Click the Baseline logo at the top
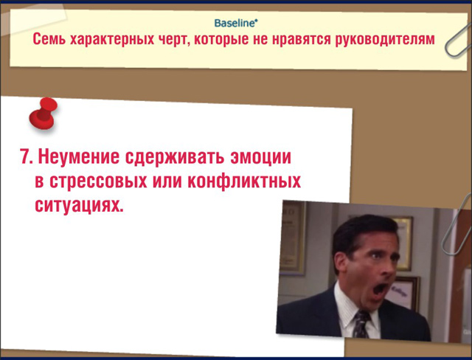236,23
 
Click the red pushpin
44,114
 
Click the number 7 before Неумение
25,156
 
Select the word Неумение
79,157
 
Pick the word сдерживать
175,157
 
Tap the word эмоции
260,157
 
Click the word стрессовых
98,181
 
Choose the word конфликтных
244,181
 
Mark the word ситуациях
79,206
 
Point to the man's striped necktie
361,324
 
